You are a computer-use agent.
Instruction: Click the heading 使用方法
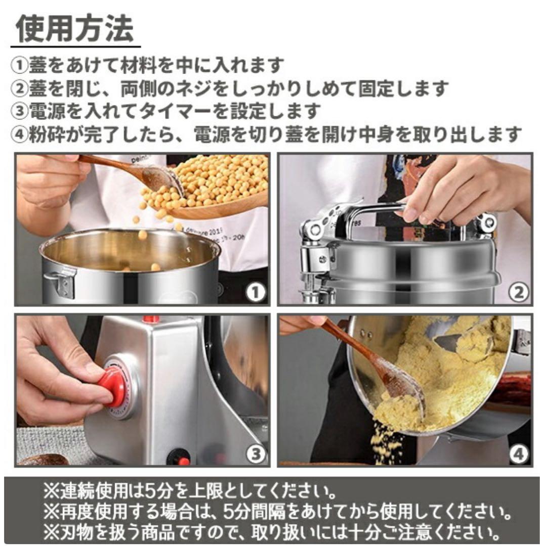[75, 29]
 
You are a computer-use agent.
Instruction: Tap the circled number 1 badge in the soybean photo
[257, 292]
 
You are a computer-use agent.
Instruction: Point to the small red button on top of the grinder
[150, 320]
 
